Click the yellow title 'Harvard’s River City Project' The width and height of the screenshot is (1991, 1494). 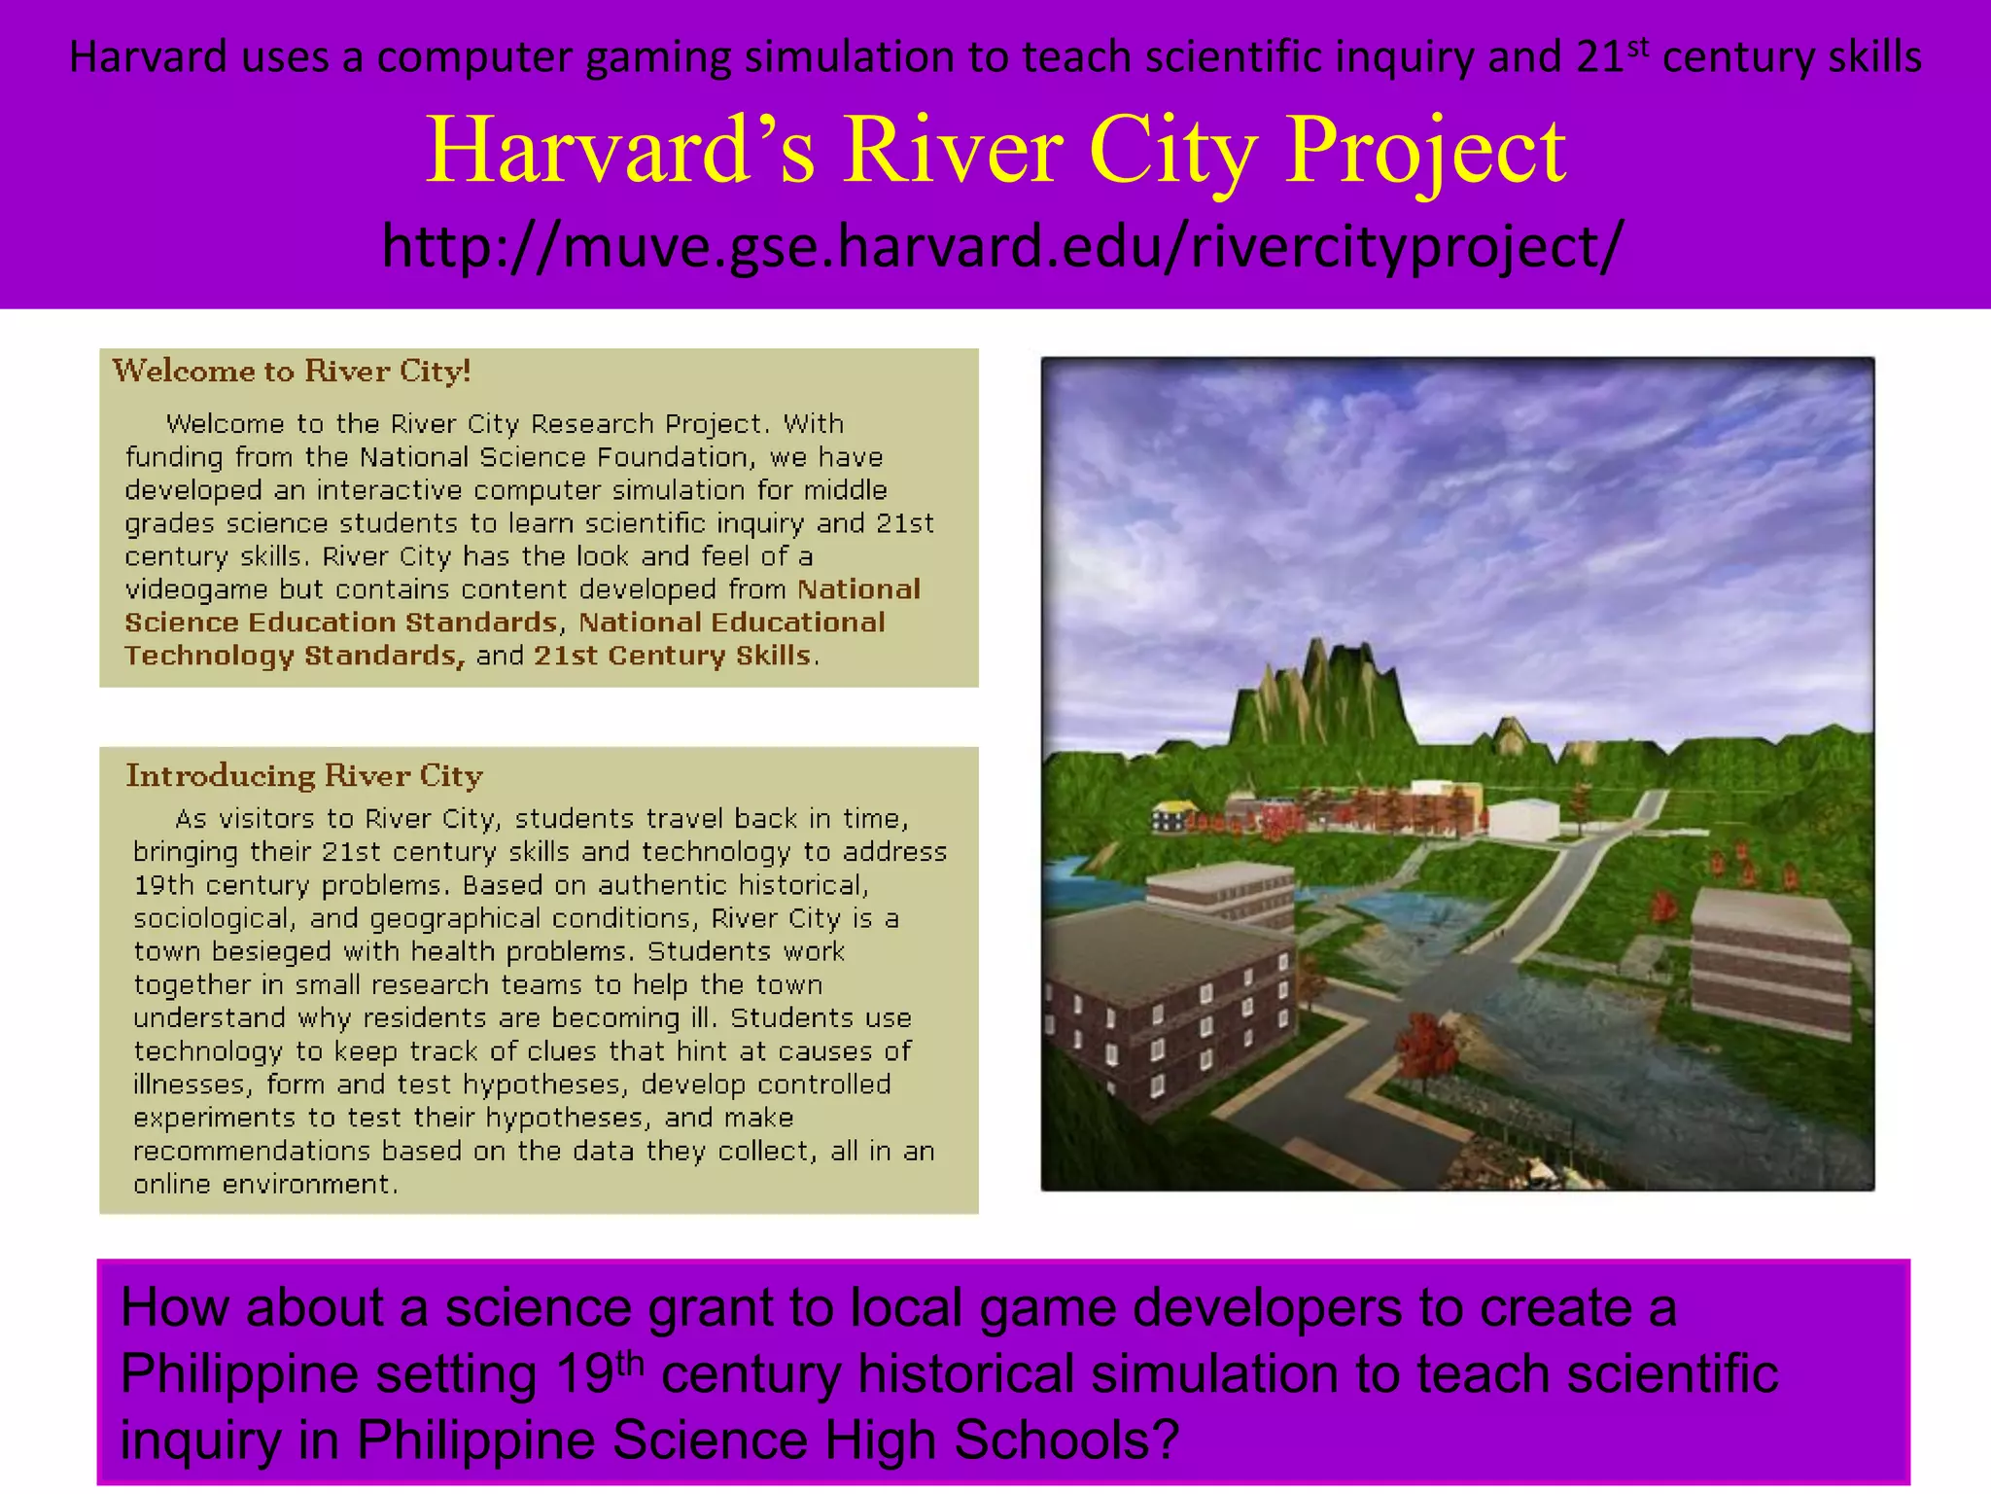[995, 150]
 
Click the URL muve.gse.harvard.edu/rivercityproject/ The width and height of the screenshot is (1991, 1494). [1001, 245]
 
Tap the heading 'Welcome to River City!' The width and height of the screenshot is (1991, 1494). [292, 371]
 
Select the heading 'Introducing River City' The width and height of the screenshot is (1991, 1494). [304, 775]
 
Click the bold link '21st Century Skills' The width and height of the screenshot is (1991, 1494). [672, 656]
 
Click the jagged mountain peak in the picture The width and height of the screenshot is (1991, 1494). [1317, 681]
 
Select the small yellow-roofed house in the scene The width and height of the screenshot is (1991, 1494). [1174, 815]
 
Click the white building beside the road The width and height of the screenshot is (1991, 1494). [1523, 817]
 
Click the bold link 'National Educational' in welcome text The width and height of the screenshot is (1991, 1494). [731, 622]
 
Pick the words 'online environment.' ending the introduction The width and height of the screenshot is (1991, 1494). [265, 1184]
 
